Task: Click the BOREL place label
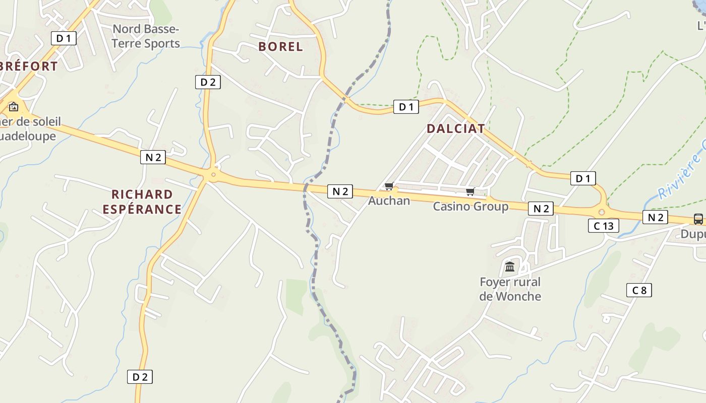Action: [x=280, y=47]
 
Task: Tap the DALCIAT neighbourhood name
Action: [x=455, y=128]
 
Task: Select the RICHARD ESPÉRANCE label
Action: [x=142, y=201]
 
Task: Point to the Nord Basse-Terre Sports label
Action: [x=145, y=36]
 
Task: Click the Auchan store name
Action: [x=389, y=200]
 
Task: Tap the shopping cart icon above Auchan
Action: [x=389, y=187]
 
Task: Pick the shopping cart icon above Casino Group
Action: [x=470, y=191]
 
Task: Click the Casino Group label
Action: [x=470, y=206]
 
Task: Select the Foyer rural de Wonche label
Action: [x=510, y=289]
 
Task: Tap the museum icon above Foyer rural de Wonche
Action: [x=510, y=266]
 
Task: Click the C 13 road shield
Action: [x=603, y=226]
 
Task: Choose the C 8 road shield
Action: [x=639, y=290]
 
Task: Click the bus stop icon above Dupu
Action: [x=698, y=219]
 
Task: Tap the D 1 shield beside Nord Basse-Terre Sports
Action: [x=64, y=38]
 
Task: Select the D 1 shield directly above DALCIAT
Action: [x=406, y=107]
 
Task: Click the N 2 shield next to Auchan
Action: [x=340, y=191]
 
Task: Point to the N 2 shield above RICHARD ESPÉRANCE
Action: [x=153, y=157]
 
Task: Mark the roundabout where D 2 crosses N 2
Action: [x=213, y=175]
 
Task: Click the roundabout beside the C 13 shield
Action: [x=601, y=212]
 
